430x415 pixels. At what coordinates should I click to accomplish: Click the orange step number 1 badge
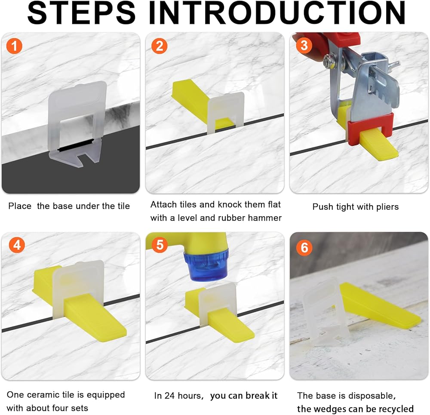[14, 46]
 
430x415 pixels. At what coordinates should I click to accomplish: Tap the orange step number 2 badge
[160, 46]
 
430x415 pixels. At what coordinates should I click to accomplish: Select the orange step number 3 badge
[304, 45]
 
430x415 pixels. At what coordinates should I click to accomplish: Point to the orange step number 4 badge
[17, 245]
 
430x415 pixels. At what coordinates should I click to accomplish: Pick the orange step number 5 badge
[160, 244]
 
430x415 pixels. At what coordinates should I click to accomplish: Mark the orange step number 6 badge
[304, 247]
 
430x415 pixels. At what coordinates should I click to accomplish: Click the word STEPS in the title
[81, 12]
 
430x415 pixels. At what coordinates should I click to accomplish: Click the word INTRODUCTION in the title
[277, 12]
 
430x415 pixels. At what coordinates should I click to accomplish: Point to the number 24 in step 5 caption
[169, 396]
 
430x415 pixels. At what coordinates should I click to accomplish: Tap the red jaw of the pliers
[371, 128]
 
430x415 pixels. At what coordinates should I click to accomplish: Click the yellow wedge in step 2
[197, 101]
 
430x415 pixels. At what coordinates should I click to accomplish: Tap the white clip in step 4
[78, 290]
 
